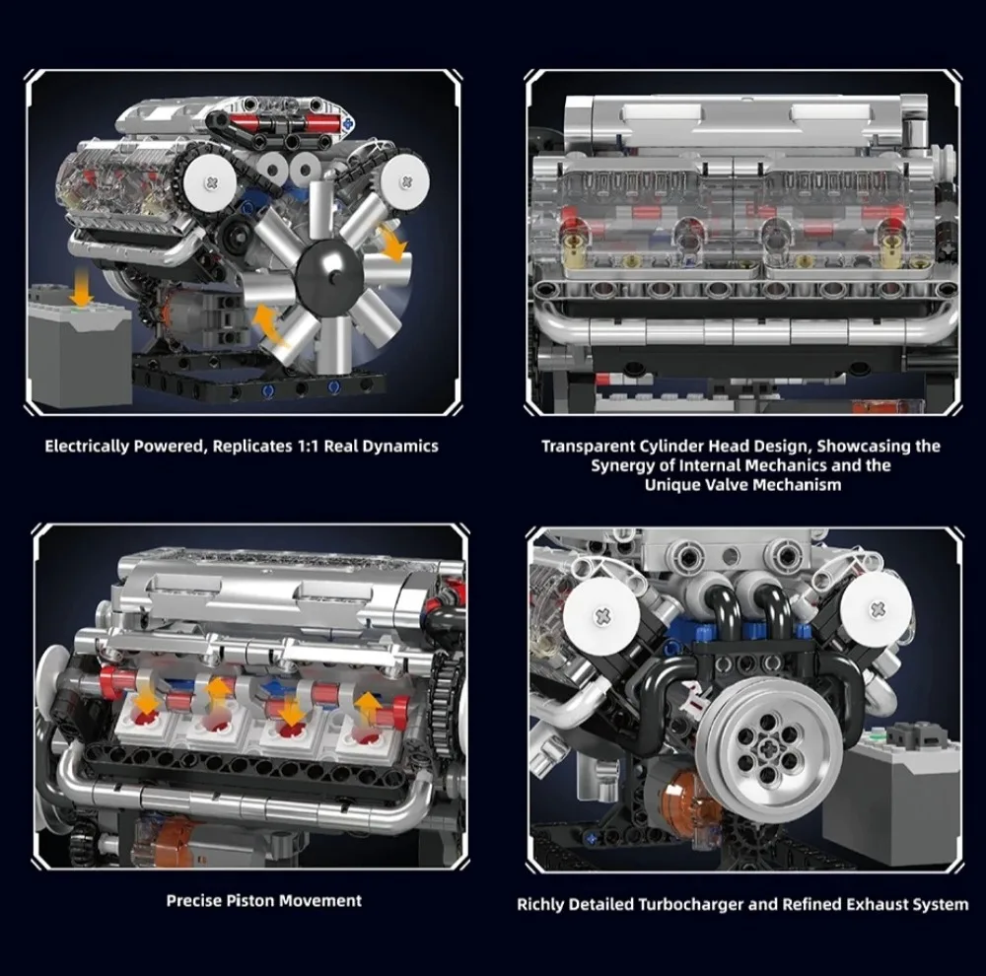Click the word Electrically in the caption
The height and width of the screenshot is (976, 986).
(x=86, y=447)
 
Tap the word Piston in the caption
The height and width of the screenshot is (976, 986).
(x=250, y=900)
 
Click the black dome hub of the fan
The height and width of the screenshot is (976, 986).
(x=331, y=271)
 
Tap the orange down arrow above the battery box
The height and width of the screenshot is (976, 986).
(x=81, y=287)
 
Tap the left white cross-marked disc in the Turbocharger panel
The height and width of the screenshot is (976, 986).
(x=601, y=615)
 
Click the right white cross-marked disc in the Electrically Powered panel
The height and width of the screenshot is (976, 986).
(x=405, y=180)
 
